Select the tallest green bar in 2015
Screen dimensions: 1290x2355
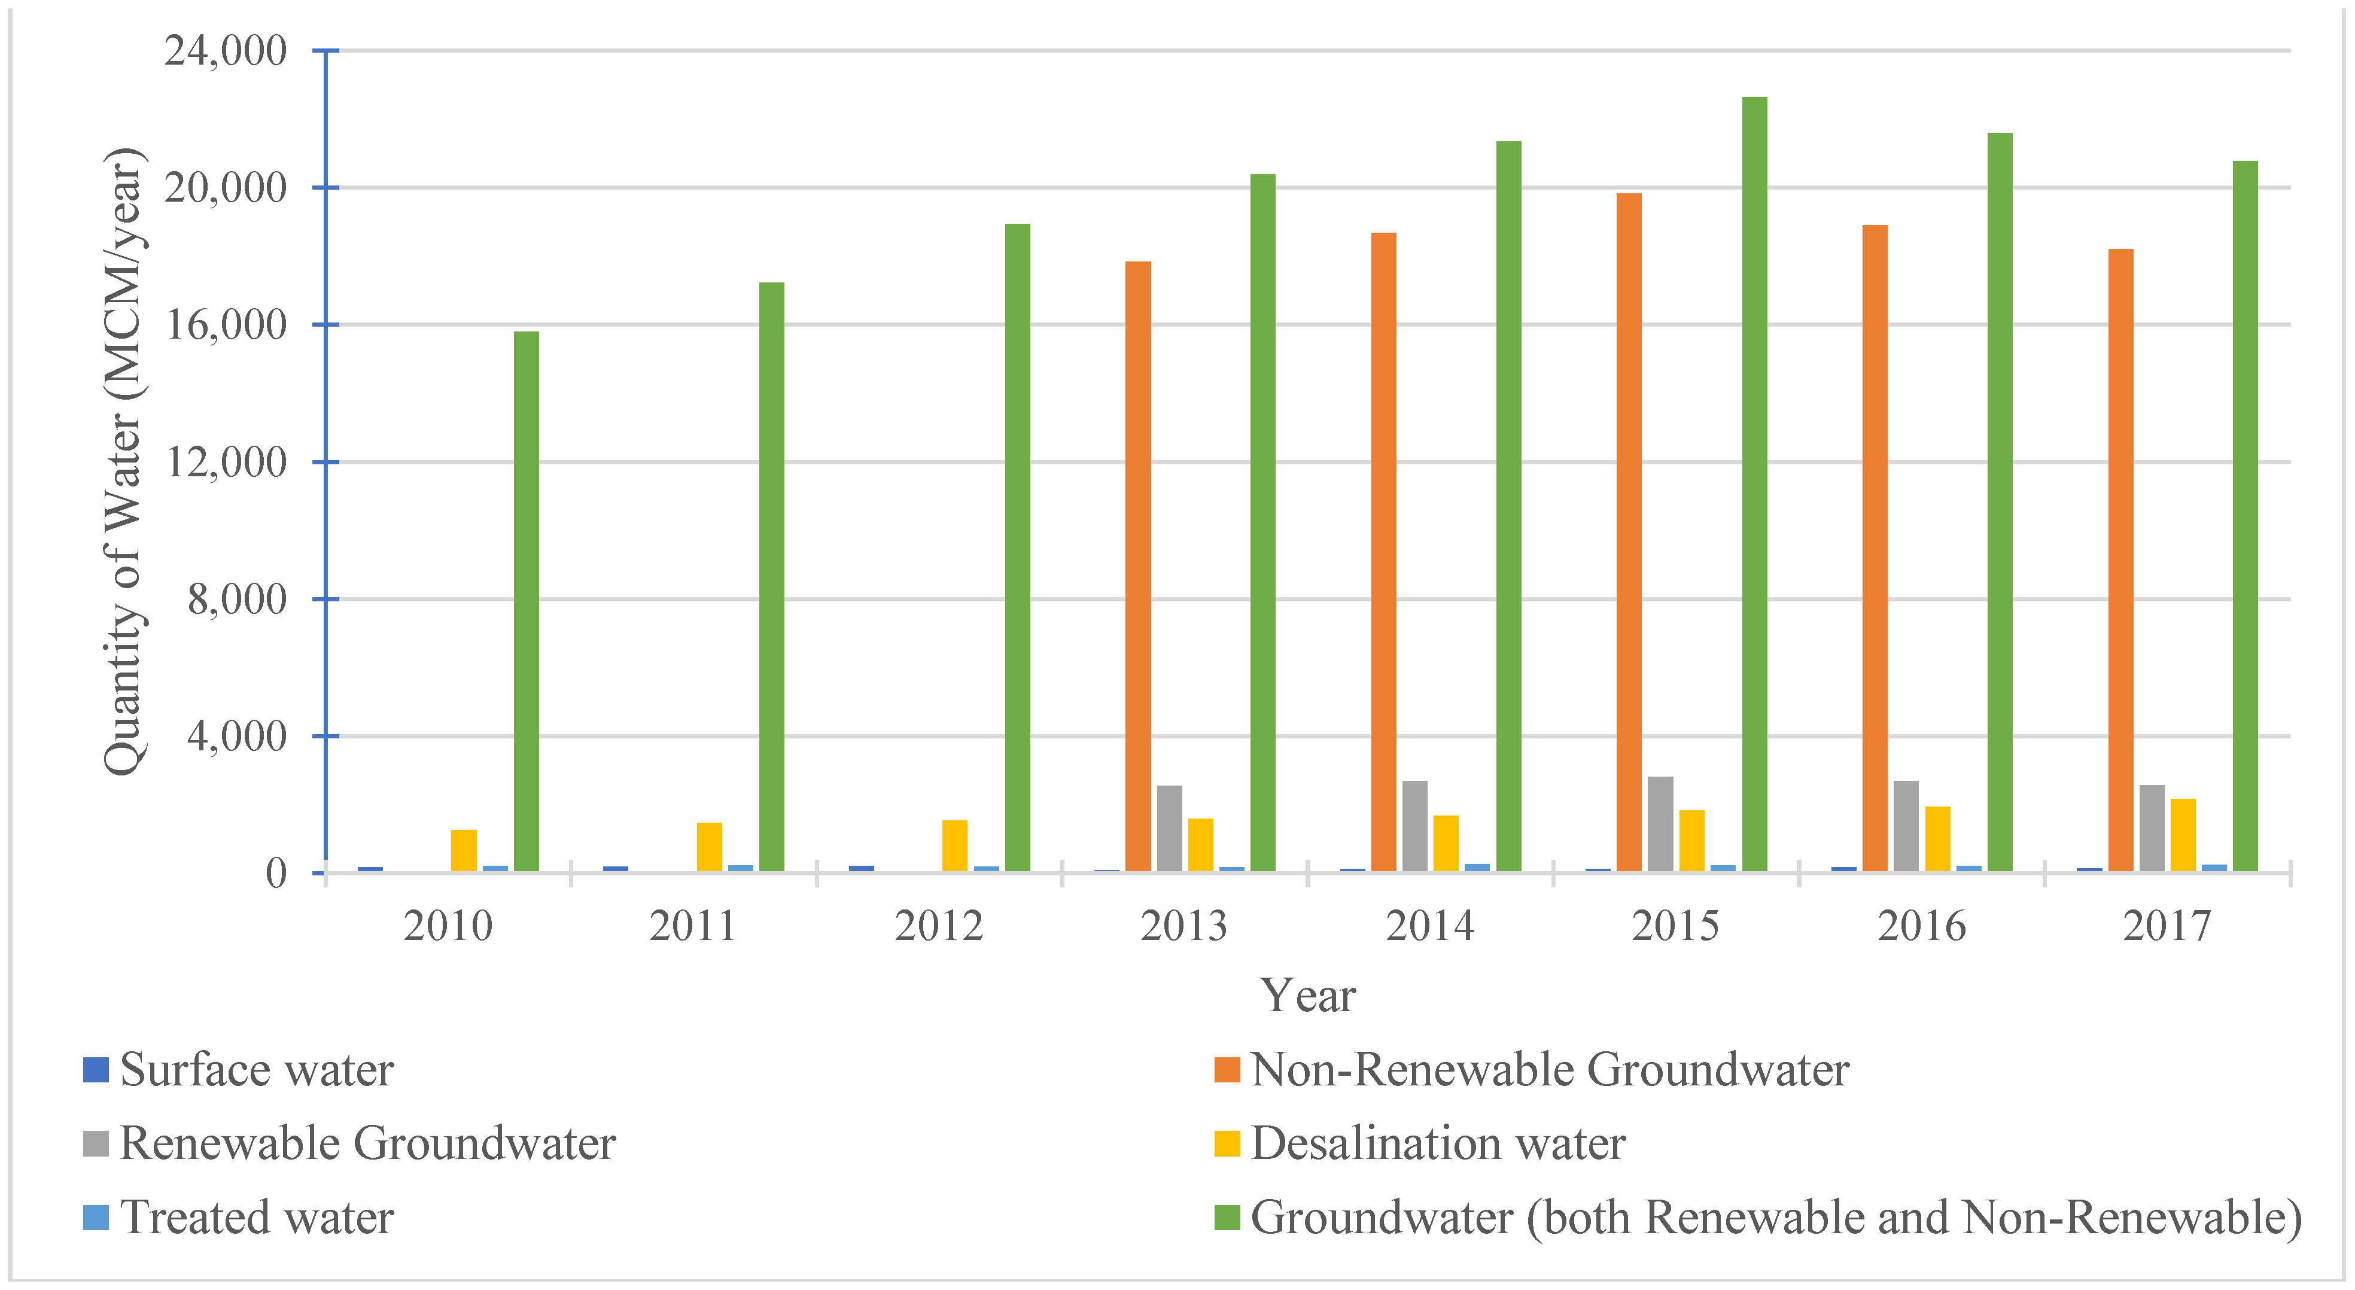1754,485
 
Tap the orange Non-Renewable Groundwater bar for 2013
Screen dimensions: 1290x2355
1137,567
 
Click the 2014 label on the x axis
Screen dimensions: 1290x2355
1430,926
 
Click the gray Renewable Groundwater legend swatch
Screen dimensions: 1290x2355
96,1144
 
